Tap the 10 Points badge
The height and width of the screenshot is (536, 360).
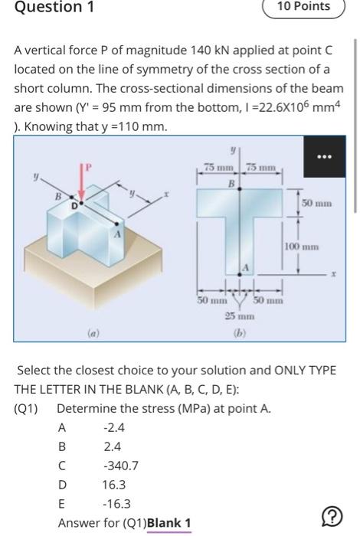point(303,7)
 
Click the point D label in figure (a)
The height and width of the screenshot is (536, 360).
point(74,205)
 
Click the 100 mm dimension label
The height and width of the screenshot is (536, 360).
point(300,247)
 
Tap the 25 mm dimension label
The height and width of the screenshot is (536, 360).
point(246,315)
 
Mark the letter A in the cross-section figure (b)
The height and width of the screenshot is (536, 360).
point(247,265)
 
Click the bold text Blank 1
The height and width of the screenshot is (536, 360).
point(169,524)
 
